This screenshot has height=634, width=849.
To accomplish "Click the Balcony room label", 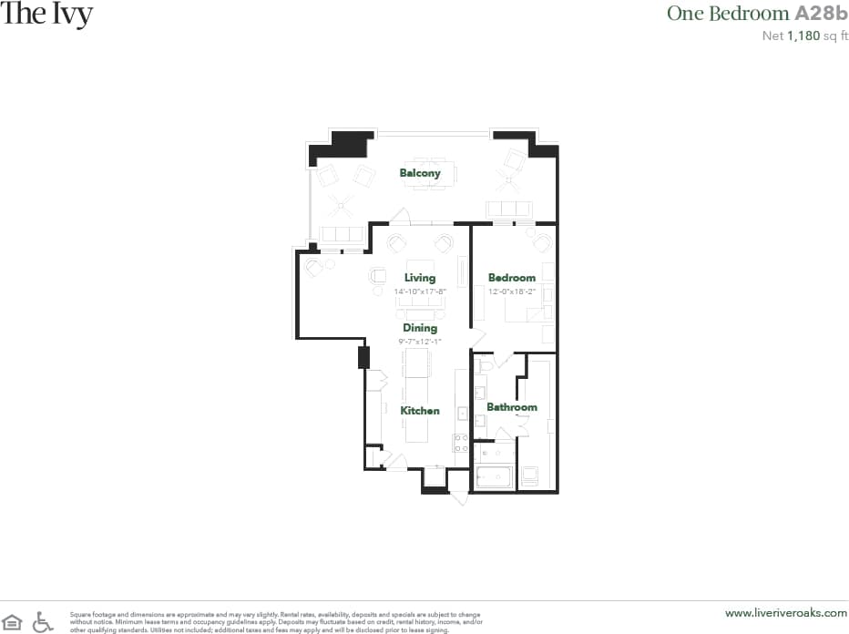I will click(x=420, y=173).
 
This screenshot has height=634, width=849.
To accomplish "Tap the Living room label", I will click(x=420, y=278).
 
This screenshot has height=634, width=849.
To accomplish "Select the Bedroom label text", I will click(x=511, y=278).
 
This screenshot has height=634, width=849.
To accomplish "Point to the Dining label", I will click(x=420, y=328).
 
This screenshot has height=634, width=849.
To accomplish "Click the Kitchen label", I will click(x=420, y=411).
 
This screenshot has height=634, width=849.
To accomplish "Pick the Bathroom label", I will click(x=511, y=407).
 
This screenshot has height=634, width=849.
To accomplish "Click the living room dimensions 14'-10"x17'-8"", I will click(x=420, y=291).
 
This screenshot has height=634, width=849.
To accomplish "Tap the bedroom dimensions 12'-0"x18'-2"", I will click(x=511, y=291).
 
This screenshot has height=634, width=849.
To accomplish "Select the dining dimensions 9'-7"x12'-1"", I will click(x=420, y=341).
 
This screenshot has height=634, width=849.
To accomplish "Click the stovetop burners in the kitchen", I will click(x=461, y=444).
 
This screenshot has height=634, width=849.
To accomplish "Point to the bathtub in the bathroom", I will click(x=494, y=476).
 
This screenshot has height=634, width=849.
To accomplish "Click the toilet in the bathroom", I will click(x=486, y=364).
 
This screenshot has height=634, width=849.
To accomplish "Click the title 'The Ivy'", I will click(x=46, y=15).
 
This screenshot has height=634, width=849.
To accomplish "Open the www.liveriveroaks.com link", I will click(x=784, y=613).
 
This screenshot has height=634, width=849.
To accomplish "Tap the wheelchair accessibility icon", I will click(x=43, y=621).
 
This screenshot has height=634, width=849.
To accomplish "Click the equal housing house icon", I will click(x=13, y=621).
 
